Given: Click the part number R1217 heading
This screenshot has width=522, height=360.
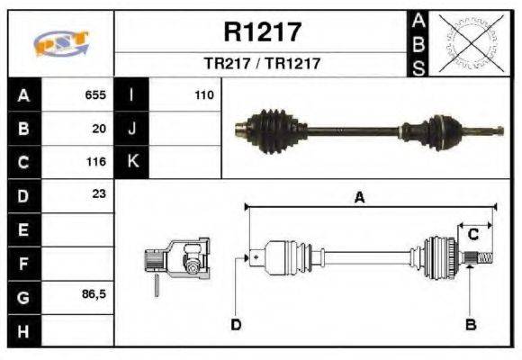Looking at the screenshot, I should tap(262, 32).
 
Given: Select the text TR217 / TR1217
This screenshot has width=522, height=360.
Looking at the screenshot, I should tap(262, 65).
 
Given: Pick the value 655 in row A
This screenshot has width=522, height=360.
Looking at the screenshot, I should tap(95, 94).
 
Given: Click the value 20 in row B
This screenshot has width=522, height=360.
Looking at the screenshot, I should tap(99, 128).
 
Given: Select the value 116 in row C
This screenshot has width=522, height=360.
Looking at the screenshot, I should tap(95, 162).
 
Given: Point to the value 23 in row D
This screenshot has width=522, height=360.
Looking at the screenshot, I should tap(99, 194).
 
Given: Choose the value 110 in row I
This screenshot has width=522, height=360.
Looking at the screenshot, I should tap(204, 94).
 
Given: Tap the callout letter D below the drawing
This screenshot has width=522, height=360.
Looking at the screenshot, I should tap(236, 324).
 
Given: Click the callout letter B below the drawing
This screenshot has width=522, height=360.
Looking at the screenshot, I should tap(470, 324).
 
